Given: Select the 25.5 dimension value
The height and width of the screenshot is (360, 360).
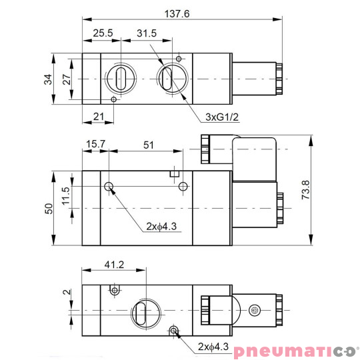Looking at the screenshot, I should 102,33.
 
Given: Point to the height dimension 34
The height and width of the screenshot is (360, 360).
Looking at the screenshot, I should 47,79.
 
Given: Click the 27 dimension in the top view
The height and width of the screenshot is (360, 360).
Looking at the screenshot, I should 66,79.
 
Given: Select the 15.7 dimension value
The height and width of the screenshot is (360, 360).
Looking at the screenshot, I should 95,143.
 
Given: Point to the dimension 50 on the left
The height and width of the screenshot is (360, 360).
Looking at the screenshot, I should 47,209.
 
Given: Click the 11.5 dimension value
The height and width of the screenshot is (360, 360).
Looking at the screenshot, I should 66,198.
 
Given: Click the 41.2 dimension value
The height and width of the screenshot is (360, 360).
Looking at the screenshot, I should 114,264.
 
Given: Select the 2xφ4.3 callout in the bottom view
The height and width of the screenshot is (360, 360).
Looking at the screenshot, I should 213,347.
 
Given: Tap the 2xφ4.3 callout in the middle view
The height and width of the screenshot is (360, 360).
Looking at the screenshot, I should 161,226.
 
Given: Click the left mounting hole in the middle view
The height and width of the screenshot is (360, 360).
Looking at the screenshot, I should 109,186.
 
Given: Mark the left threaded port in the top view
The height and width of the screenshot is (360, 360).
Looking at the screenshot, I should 121,79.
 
